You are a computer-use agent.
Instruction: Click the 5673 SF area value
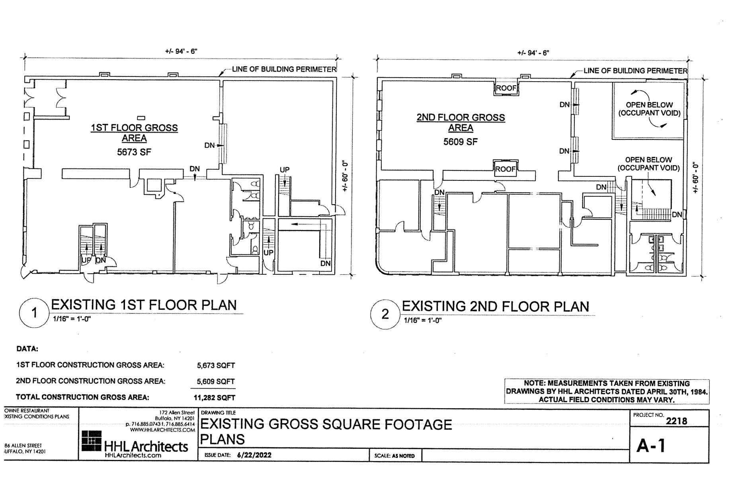tap(134, 152)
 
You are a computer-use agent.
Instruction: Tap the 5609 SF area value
tap(461, 142)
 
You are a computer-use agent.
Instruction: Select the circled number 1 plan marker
tap(34, 313)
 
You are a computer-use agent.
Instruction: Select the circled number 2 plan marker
tap(385, 315)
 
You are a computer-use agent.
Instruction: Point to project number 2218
tap(676, 421)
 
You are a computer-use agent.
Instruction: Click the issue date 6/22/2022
tap(254, 455)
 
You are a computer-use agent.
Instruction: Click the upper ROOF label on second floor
tap(506, 88)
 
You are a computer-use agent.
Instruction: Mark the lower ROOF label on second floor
tap(505, 169)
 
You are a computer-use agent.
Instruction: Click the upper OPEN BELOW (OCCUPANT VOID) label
tap(649, 109)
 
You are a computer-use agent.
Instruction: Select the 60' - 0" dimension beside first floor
tap(345, 176)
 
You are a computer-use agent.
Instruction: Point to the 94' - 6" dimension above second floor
tap(533, 53)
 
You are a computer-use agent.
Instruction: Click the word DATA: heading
tap(27, 349)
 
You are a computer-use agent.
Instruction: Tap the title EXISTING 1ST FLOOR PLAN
tap(144, 305)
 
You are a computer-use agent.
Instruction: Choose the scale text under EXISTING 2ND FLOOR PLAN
tap(423, 321)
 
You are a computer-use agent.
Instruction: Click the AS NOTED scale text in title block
tap(403, 456)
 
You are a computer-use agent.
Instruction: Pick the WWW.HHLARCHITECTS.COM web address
tap(162, 430)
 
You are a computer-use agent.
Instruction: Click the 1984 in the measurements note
tap(699, 392)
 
